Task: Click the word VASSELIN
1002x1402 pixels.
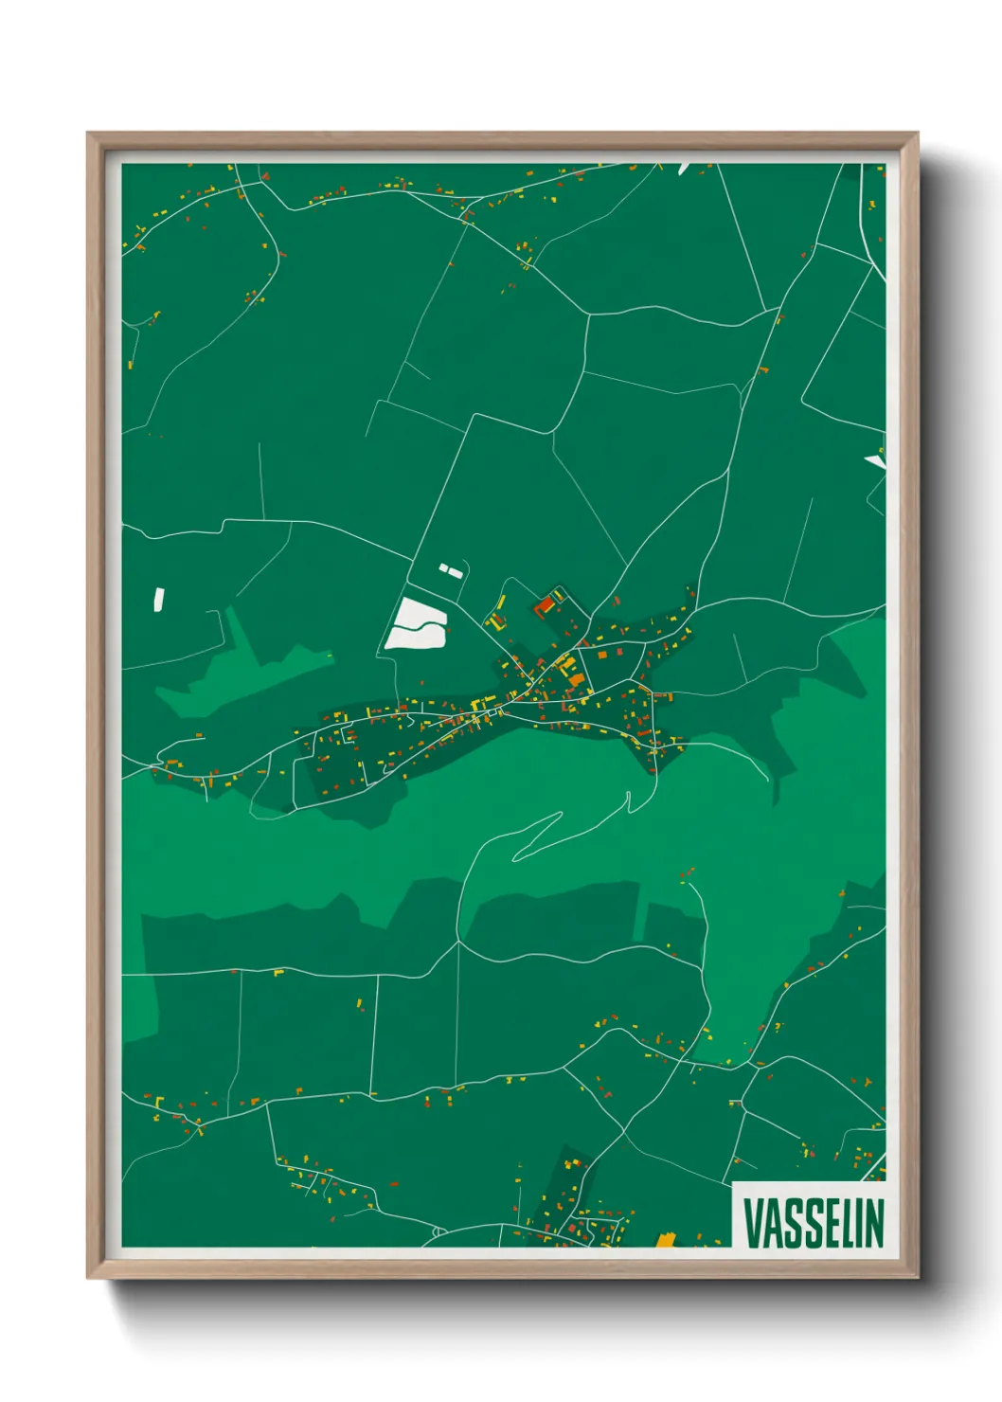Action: click(813, 1222)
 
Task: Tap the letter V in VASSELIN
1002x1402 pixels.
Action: click(753, 1222)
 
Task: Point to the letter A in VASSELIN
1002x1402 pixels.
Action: click(773, 1222)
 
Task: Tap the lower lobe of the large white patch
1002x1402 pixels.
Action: click(415, 638)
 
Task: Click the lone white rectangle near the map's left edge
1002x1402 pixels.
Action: click(159, 598)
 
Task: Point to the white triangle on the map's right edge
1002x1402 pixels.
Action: click(876, 461)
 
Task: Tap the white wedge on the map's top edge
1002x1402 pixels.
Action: click(684, 168)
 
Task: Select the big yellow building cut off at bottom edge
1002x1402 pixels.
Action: click(666, 1240)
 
